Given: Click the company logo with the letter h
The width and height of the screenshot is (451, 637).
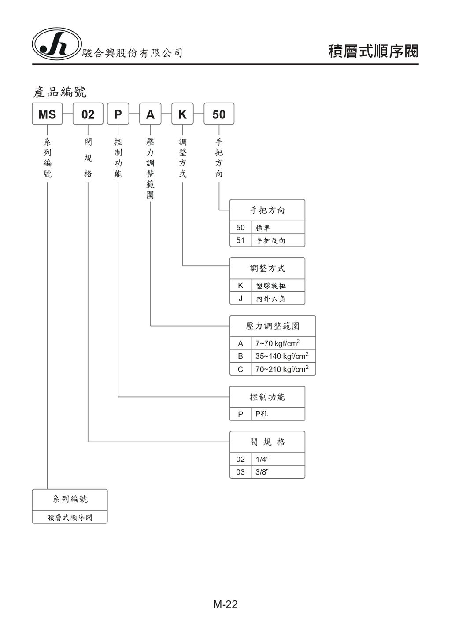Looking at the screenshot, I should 56,44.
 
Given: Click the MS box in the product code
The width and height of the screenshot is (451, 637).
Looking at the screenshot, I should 47,114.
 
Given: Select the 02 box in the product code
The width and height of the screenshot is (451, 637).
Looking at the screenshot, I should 88,114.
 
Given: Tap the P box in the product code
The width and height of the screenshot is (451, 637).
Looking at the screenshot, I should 118,114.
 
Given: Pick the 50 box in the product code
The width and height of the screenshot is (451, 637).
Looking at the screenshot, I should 219,114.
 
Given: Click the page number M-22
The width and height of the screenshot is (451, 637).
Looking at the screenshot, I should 225,604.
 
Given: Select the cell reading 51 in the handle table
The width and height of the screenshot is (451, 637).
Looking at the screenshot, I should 240,240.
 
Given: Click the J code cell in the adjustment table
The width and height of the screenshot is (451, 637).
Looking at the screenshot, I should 240,298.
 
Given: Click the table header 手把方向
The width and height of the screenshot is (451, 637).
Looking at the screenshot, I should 267,210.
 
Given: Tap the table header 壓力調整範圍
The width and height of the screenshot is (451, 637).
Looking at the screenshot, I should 273,326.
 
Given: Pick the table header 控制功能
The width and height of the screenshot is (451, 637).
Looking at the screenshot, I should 267,397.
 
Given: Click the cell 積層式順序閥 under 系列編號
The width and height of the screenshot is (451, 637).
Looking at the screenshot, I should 70,517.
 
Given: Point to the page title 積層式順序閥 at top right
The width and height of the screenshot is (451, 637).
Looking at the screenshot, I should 373,52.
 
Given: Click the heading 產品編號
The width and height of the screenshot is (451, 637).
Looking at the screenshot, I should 60,92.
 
